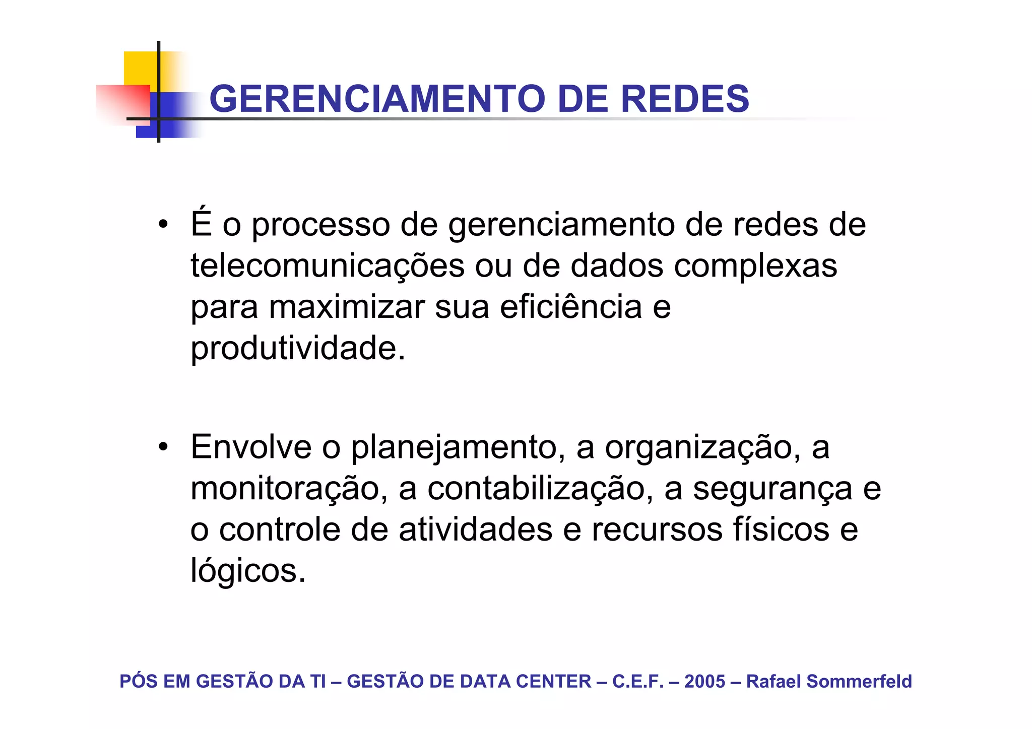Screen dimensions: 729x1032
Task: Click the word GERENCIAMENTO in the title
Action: [377, 99]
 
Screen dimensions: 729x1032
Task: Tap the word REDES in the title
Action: [685, 99]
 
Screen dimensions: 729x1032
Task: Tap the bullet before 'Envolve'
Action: [162, 447]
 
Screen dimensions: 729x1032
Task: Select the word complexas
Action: [755, 266]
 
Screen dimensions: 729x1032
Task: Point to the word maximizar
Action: [347, 307]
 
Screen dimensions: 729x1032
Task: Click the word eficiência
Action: [570, 307]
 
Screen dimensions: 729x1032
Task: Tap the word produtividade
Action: [297, 349]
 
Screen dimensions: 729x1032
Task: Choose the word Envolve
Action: [251, 447]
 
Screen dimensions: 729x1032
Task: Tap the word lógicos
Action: [247, 571]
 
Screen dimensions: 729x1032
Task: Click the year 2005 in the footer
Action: [704, 682]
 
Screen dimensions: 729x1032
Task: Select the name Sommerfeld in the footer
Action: [859, 682]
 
